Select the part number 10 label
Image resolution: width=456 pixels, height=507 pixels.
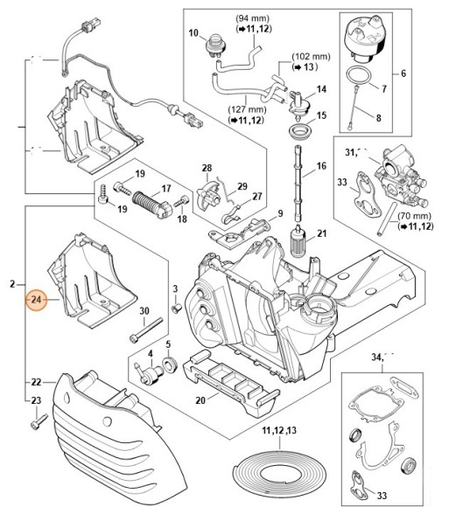(194, 33)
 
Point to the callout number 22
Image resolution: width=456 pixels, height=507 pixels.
(36, 382)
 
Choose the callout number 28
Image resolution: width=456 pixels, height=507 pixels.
(207, 167)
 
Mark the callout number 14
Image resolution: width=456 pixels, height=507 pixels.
(321, 90)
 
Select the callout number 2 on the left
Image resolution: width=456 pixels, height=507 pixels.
(11, 284)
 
